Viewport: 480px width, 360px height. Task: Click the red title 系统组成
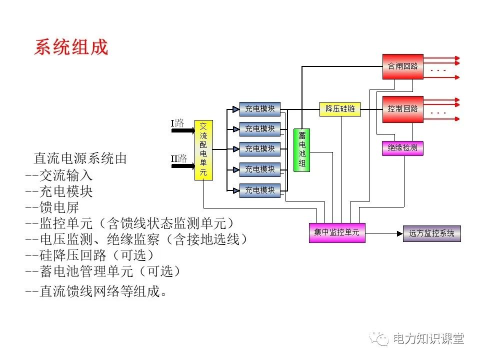[71, 47]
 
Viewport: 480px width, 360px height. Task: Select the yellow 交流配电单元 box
[203, 149]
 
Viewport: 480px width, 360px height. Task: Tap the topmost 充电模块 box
[259, 108]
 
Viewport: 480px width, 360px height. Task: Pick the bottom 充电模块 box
[259, 190]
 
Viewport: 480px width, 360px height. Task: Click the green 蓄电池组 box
[301, 150]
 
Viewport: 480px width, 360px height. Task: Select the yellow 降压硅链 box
[340, 108]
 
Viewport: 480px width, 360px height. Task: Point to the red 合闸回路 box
[402, 66]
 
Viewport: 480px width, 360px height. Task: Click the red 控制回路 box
[402, 108]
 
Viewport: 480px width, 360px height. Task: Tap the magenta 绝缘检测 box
[402, 148]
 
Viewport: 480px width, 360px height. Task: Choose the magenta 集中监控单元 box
[336, 232]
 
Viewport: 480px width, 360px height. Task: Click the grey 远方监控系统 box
[432, 233]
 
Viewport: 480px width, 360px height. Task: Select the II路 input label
[178, 158]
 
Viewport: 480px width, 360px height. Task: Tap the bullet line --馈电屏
[52, 207]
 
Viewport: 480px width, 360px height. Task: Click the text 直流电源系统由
[80, 159]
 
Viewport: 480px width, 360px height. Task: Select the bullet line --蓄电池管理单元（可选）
[102, 271]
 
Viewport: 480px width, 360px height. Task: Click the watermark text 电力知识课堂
[428, 338]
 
